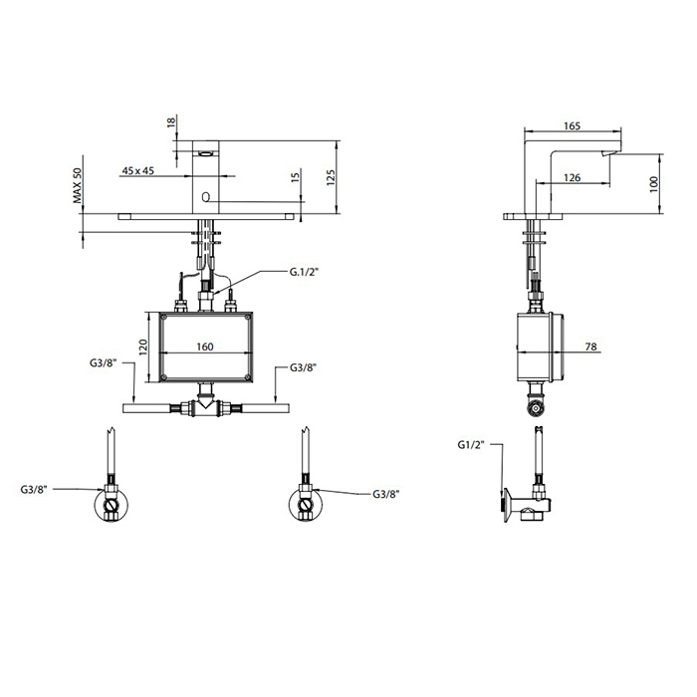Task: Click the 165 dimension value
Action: [572, 125]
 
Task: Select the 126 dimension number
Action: [572, 177]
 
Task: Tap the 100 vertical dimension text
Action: [654, 184]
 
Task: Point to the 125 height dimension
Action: [331, 177]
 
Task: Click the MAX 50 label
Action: [78, 185]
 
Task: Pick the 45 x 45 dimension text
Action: [138, 170]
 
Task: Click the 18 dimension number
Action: [171, 121]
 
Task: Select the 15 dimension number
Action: [295, 178]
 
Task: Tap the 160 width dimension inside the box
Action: [205, 347]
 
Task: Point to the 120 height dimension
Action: [142, 348]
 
